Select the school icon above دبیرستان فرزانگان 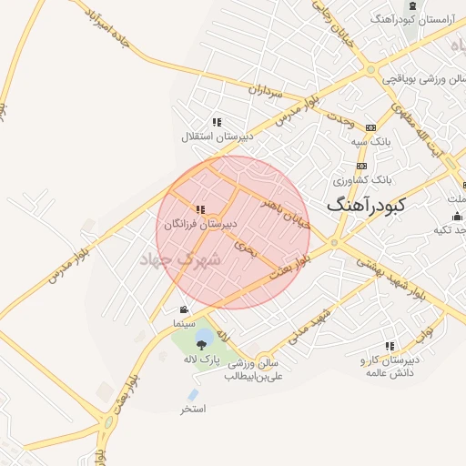[x=200, y=209]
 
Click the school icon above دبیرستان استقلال [x=217, y=122]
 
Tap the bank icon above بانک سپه [x=370, y=127]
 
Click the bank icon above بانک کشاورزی [x=362, y=167]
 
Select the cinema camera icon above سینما [x=185, y=309]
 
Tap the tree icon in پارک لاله [x=202, y=344]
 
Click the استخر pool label [x=193, y=409]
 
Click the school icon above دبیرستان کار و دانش [x=390, y=346]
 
